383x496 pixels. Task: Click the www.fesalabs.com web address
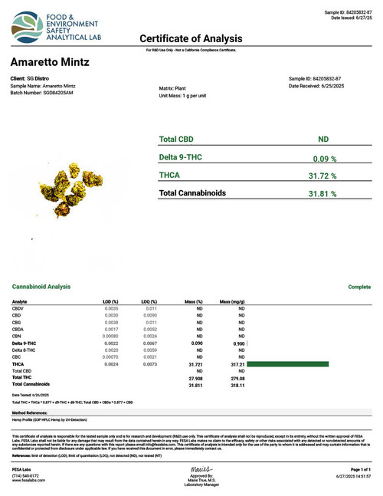click(x=31, y=479)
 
